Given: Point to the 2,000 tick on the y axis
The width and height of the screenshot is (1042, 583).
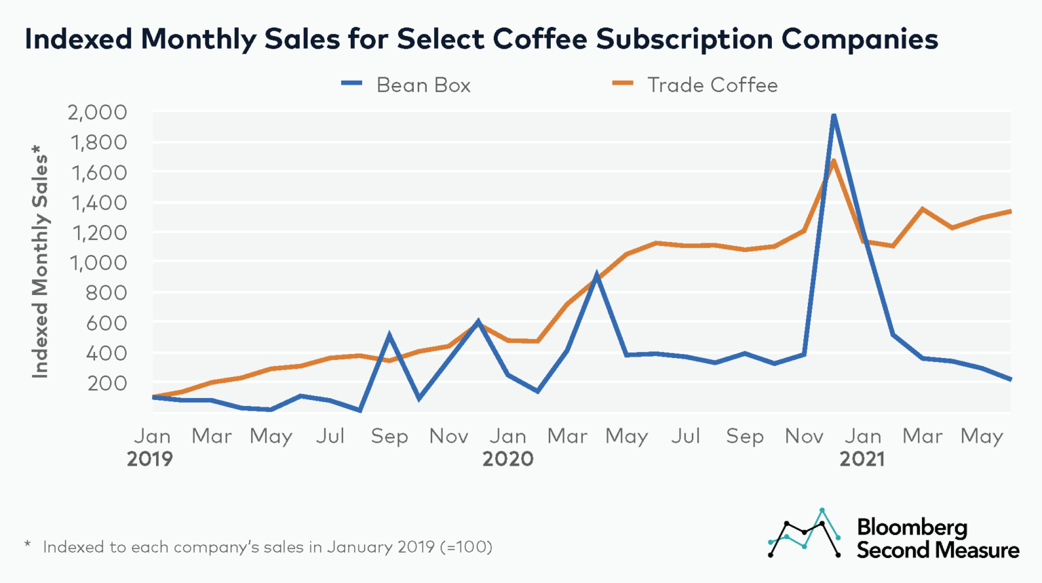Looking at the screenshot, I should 98,113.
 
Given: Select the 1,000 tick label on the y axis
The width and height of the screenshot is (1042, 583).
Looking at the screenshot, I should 98,263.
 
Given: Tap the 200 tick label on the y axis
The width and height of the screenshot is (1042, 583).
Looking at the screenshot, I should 107,383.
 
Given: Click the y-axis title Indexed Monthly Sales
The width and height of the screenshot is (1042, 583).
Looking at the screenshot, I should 41,261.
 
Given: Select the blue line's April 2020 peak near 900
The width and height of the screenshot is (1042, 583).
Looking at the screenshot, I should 596,276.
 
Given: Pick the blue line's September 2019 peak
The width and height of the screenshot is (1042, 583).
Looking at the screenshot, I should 389,334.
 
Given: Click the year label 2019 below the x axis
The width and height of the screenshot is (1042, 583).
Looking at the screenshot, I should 150,460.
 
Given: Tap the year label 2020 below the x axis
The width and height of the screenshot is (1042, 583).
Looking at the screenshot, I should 507,460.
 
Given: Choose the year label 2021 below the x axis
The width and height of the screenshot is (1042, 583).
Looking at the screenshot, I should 862,460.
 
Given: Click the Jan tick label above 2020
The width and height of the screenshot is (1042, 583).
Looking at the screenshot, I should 507,437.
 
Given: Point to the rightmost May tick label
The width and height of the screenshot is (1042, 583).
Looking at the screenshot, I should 981,437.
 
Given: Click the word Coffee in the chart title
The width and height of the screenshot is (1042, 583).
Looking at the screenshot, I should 540,39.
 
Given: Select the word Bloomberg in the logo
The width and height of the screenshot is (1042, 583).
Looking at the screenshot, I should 912,527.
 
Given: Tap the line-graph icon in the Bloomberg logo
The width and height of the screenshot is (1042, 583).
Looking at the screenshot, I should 805,534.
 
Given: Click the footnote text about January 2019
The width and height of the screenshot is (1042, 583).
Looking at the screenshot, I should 267,547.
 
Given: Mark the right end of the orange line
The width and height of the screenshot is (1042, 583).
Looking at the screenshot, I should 1010,212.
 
